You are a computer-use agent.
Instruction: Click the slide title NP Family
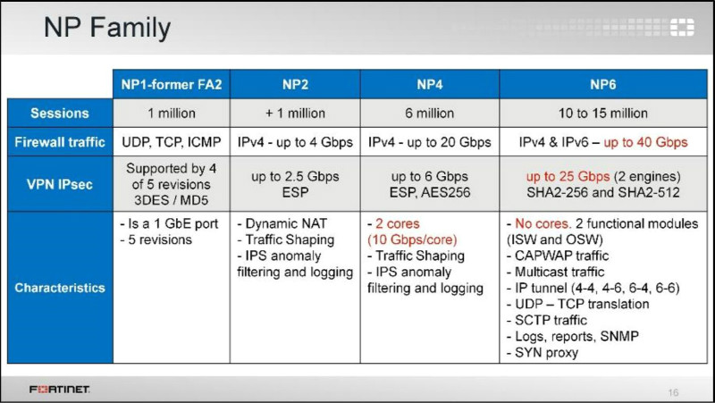[x=107, y=28]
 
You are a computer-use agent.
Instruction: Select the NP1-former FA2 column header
[x=172, y=84]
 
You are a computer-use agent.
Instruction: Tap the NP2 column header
[x=295, y=84]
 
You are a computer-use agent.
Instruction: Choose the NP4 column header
[x=430, y=84]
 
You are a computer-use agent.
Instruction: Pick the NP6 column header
[x=602, y=84]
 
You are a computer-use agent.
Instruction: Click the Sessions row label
[x=60, y=113]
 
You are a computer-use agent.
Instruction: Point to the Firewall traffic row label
[x=60, y=142]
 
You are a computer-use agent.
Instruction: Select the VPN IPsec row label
[x=60, y=184]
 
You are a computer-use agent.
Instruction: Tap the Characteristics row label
[x=60, y=288]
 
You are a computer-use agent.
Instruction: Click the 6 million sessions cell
[x=430, y=113]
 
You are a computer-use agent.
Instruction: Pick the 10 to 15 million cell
[x=602, y=113]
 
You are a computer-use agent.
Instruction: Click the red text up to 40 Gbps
[x=645, y=142]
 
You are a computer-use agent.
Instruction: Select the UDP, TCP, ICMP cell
[x=172, y=142]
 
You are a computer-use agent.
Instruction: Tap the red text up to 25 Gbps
[x=568, y=176]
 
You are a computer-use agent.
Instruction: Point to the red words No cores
[x=543, y=223]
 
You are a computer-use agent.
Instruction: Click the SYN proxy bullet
[x=543, y=353]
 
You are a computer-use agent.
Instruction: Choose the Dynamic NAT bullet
[x=282, y=223]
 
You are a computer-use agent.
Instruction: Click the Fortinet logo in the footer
[x=60, y=390]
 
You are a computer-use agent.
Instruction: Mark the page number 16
[x=673, y=392]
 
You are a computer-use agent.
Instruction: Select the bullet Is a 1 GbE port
[x=169, y=223]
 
